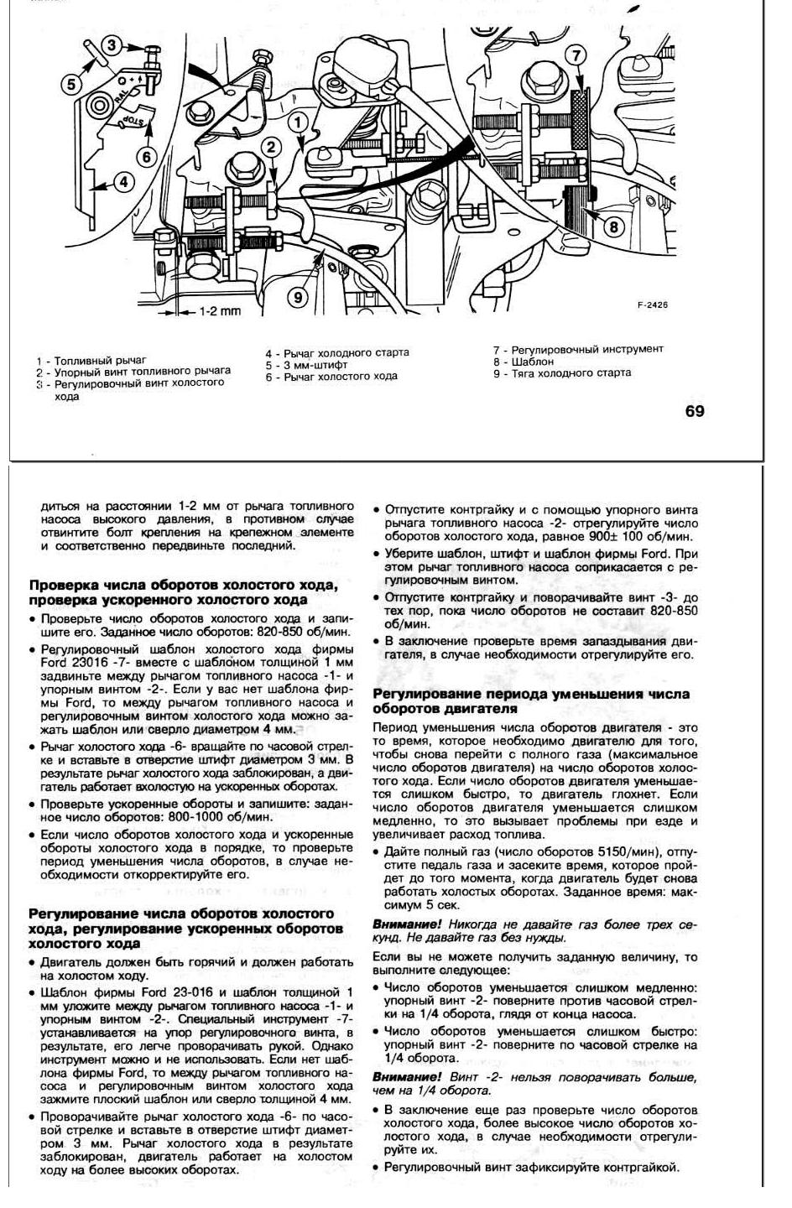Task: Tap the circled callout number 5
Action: pos(73,83)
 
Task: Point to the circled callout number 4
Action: pos(122,182)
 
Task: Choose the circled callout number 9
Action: pos(300,295)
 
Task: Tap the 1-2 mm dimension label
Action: pos(219,311)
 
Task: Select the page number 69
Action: pos(695,410)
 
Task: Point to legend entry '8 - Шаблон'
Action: pos(524,362)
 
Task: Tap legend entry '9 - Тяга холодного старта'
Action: pos(562,373)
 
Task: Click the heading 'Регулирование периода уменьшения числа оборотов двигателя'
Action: pos(530,701)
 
